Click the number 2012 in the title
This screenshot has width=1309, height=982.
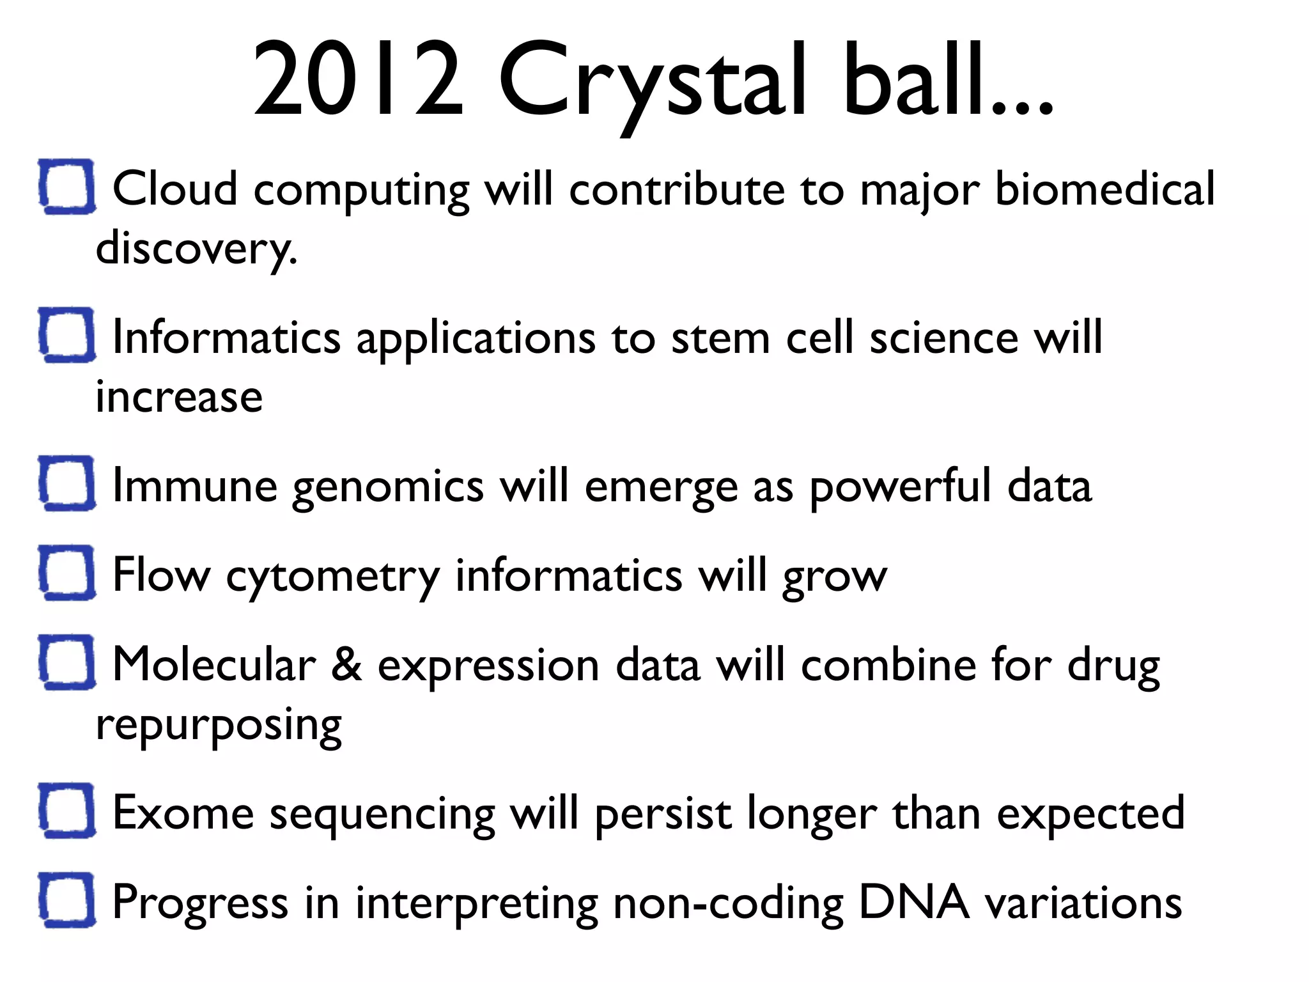click(358, 80)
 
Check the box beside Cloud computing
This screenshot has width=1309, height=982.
click(67, 186)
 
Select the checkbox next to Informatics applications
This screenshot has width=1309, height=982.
click(67, 334)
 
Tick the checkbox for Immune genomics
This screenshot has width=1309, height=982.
click(67, 483)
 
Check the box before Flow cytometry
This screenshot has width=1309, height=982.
click(67, 572)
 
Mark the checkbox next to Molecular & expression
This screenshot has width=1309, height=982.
click(67, 662)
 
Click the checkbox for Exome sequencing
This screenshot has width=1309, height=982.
click(67, 810)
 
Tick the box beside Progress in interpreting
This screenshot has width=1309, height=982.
click(67, 900)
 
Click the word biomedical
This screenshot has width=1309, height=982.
click(1104, 189)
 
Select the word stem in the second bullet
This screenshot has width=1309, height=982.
click(720, 338)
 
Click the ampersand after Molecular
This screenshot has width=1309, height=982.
click(346, 665)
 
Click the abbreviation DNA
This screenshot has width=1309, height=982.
click(913, 902)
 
